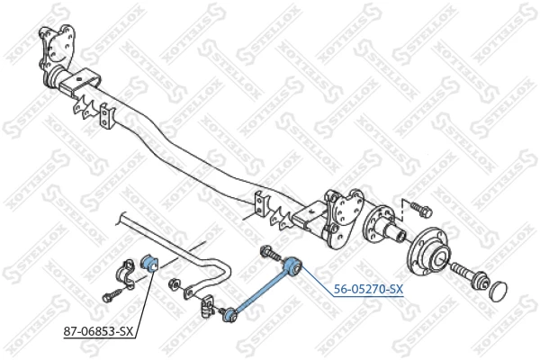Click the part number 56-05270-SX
[368, 290]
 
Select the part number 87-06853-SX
[98, 331]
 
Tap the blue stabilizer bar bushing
[149, 263]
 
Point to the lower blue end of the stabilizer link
[229, 315]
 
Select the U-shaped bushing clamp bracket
[126, 274]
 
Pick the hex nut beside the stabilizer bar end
[173, 284]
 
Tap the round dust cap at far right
[499, 291]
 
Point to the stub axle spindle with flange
[383, 226]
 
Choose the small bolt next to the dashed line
[420, 209]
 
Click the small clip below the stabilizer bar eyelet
[206, 306]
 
